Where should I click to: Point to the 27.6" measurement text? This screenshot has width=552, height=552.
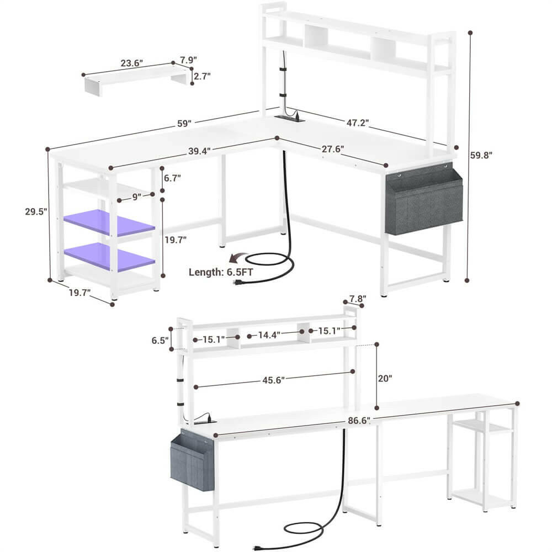pyautogui.click(x=333, y=149)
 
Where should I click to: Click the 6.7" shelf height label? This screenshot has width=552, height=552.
pyautogui.click(x=172, y=178)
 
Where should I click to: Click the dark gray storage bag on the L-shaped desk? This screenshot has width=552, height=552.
pyautogui.click(x=423, y=201)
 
